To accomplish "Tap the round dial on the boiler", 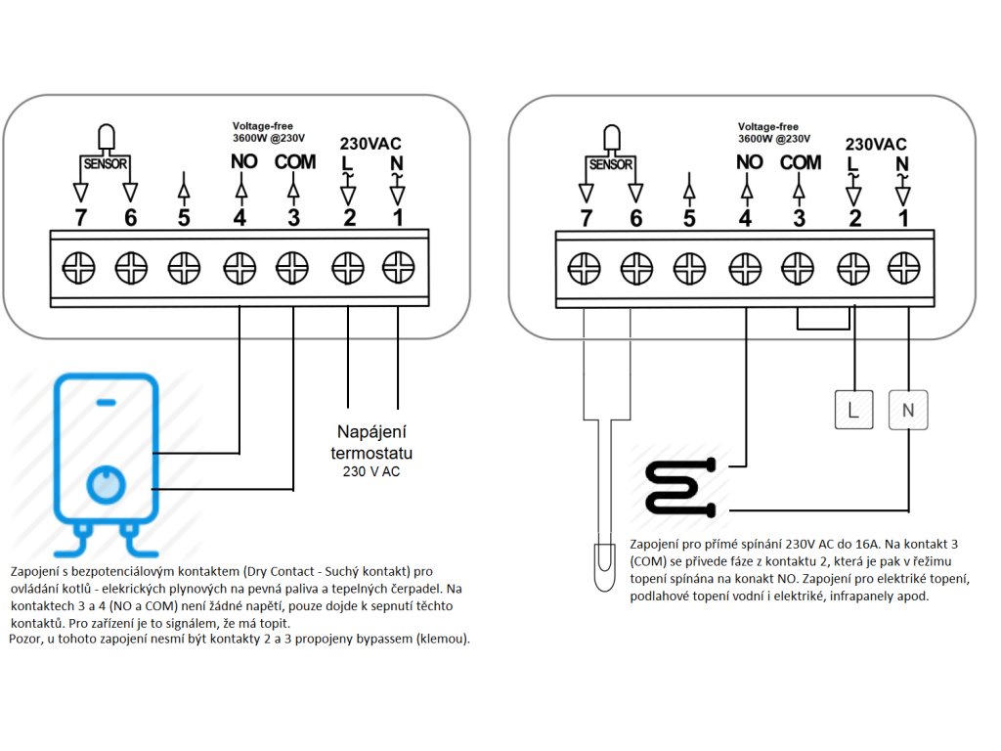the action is (106, 484).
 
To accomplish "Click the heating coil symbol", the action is (681, 487).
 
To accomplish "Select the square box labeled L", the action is (853, 410).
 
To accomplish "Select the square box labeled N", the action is (908, 410).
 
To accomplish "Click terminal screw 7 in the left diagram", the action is (78, 268).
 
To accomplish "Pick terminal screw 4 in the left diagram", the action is (239, 268).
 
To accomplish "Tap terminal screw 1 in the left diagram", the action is (399, 268).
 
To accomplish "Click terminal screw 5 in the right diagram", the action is (689, 268).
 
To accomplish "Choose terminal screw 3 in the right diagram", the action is (798, 268).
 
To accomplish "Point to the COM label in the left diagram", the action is (295, 162).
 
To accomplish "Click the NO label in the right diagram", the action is (750, 163).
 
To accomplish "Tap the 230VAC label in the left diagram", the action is (370, 144).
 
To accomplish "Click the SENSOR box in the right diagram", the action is (611, 164).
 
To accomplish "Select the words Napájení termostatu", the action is (371, 443).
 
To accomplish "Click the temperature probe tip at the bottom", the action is (604, 567).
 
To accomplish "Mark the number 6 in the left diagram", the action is (131, 218).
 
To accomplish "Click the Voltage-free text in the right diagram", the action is (768, 126).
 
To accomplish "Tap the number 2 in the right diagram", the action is (855, 218).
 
